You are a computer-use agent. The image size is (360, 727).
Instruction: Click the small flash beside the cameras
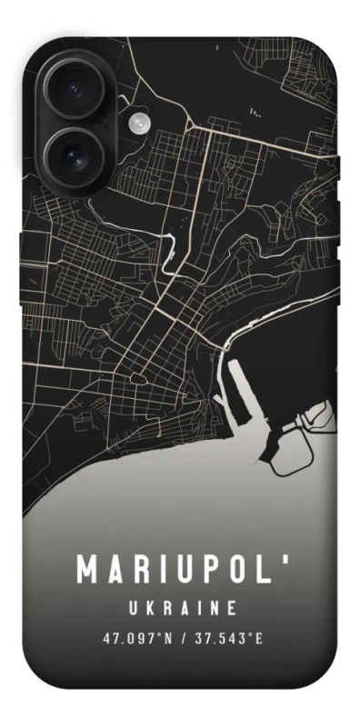(138, 123)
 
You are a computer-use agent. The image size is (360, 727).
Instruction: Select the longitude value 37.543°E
(228, 636)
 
